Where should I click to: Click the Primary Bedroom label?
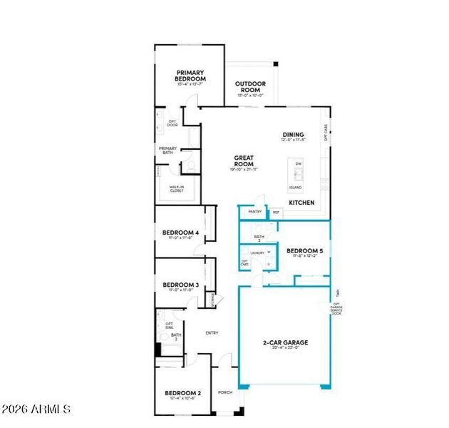(190, 76)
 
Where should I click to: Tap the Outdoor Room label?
(249, 87)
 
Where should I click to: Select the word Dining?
(293, 135)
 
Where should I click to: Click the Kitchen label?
(301, 203)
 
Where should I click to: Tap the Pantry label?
(254, 212)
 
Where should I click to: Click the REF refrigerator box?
(276, 213)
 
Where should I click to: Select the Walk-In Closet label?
(176, 189)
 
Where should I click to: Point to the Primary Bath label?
(167, 150)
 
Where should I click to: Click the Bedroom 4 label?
(180, 233)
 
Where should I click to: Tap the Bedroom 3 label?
(180, 285)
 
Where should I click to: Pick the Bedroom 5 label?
(305, 251)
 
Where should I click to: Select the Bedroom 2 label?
(183, 393)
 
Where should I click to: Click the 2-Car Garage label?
(285, 342)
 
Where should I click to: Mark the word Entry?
(212, 333)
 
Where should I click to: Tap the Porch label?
(225, 392)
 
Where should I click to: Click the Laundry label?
(257, 253)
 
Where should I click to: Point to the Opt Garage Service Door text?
(336, 307)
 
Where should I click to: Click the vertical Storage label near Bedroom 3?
(212, 300)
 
